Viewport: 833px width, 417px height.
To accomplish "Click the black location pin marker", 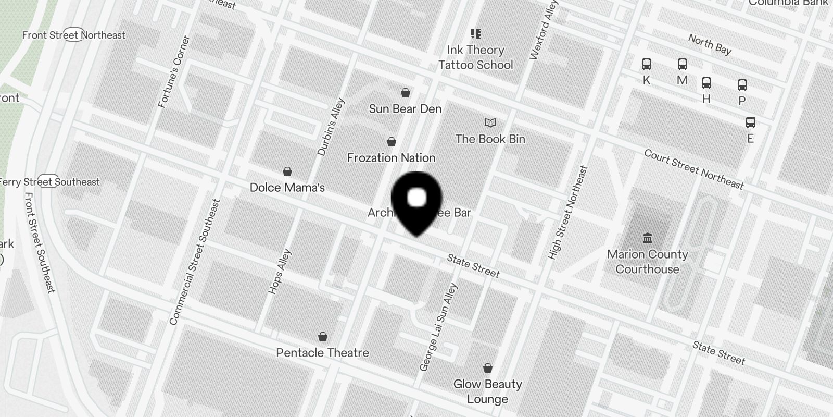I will (416, 201).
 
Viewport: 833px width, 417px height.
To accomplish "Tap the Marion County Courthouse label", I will (647, 262).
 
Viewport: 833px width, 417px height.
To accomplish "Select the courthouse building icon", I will (648, 238).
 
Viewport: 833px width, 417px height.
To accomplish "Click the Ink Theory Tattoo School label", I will (475, 57).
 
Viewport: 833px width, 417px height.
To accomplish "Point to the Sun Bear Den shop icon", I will (406, 93).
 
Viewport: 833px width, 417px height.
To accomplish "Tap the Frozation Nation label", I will (391, 157).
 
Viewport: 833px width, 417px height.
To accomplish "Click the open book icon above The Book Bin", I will (490, 123).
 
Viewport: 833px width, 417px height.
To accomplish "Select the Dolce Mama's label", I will (287, 188).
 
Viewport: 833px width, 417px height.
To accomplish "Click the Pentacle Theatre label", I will (322, 353).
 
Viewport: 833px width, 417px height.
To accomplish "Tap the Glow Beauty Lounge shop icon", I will (488, 369).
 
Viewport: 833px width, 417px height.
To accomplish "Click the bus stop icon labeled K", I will (647, 65).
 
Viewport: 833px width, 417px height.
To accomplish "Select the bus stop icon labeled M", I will (683, 65).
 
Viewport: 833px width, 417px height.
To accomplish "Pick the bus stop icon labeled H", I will (706, 83).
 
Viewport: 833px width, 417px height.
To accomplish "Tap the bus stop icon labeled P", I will (742, 85).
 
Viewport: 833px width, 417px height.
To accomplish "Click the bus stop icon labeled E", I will (751, 122).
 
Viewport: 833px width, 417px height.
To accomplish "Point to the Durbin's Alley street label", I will (331, 127).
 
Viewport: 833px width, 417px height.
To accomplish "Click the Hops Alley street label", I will (280, 272).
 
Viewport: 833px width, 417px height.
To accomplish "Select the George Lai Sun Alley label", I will (438, 327).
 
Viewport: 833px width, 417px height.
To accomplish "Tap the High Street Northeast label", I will (568, 213).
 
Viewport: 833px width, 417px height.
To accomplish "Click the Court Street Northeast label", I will (693, 169).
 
